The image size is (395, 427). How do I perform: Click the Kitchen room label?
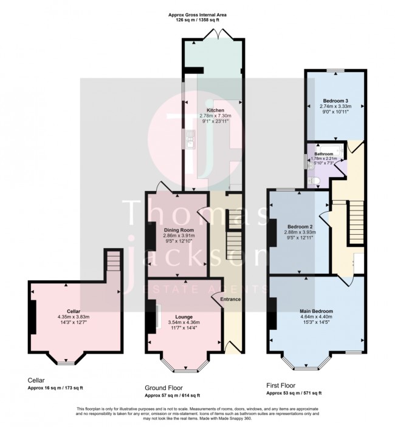216,110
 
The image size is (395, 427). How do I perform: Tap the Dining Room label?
177,230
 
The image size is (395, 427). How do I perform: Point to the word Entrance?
230,300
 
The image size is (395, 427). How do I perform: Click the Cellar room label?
74,311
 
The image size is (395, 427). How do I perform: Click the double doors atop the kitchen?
216,37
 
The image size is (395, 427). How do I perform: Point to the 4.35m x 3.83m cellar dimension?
74,317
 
